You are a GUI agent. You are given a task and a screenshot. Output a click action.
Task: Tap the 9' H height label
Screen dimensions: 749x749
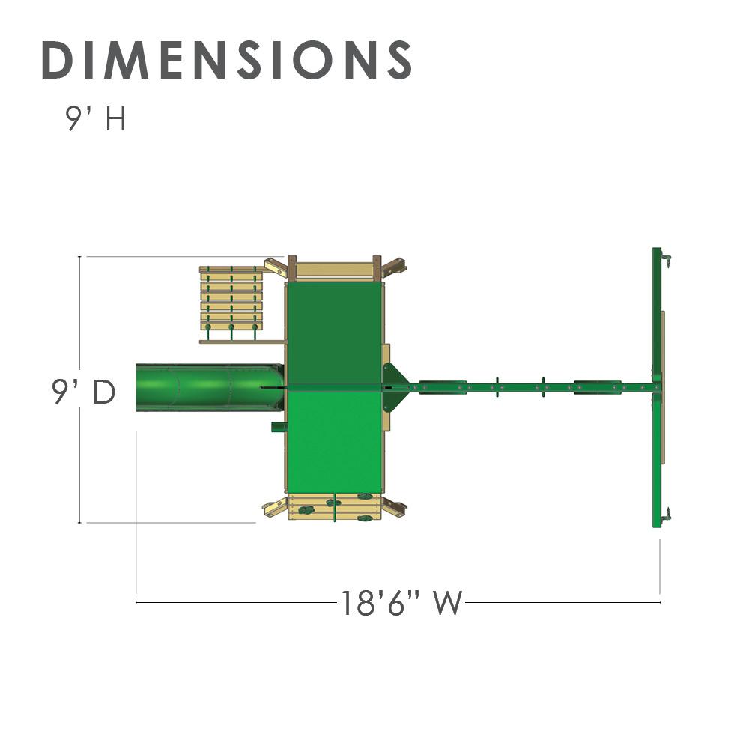pyautogui.click(x=96, y=119)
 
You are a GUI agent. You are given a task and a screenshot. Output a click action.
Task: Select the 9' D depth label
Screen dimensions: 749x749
pyautogui.click(x=83, y=392)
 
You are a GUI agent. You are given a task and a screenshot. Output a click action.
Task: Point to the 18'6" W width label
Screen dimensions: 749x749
pyautogui.click(x=401, y=603)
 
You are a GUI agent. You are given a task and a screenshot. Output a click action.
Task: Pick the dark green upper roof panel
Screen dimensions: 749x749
pyautogui.click(x=333, y=333)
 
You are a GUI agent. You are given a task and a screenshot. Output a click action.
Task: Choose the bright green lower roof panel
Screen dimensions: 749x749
pyautogui.click(x=333, y=442)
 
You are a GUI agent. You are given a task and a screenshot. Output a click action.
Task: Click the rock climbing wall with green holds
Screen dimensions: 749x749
pyautogui.click(x=335, y=508)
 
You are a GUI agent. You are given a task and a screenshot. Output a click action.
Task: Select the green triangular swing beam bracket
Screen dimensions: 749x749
pyautogui.click(x=394, y=387)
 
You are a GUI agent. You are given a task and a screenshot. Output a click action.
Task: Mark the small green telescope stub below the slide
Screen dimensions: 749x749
pyautogui.click(x=278, y=427)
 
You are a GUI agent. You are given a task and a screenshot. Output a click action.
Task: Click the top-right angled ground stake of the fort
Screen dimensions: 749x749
pyautogui.click(x=394, y=265)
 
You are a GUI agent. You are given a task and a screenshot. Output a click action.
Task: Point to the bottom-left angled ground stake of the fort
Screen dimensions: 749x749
pyautogui.click(x=274, y=508)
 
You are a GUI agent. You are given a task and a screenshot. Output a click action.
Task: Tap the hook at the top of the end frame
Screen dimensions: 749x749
pyautogui.click(x=665, y=259)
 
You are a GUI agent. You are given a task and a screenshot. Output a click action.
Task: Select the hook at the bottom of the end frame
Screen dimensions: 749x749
pyautogui.click(x=665, y=515)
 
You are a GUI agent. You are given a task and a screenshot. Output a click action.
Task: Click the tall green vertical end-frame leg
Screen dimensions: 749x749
pyautogui.click(x=657, y=387)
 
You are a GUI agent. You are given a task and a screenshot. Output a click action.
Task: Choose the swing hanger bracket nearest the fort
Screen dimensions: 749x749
pyautogui.click(x=443, y=387)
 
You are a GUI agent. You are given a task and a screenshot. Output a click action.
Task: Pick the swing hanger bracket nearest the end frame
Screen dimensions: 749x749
pyautogui.click(x=595, y=387)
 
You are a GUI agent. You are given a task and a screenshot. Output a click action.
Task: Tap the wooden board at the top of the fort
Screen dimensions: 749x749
pyautogui.click(x=335, y=268)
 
